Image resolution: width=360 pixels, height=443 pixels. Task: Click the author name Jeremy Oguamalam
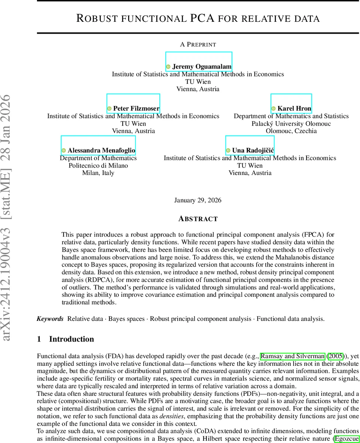click(202, 67)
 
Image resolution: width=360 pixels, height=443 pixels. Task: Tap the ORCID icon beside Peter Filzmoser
click(109, 109)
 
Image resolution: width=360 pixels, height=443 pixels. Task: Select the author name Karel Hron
click(294, 109)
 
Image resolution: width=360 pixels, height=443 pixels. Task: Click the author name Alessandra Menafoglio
click(101, 151)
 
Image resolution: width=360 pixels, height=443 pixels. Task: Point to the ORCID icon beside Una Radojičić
click(228, 151)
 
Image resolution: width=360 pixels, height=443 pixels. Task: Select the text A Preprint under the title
click(198, 44)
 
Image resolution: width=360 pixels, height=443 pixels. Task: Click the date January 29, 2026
click(198, 200)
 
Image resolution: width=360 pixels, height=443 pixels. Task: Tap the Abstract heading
click(198, 219)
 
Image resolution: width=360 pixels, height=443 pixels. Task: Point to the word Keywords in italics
click(50, 319)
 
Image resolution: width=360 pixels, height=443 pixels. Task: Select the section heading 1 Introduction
click(66, 339)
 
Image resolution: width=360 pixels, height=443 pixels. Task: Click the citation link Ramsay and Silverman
click(292, 356)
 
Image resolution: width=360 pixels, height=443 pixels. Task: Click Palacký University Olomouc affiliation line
click(291, 124)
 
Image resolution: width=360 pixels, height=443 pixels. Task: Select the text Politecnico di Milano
click(98, 165)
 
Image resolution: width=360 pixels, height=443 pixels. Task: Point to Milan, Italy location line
click(98, 173)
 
